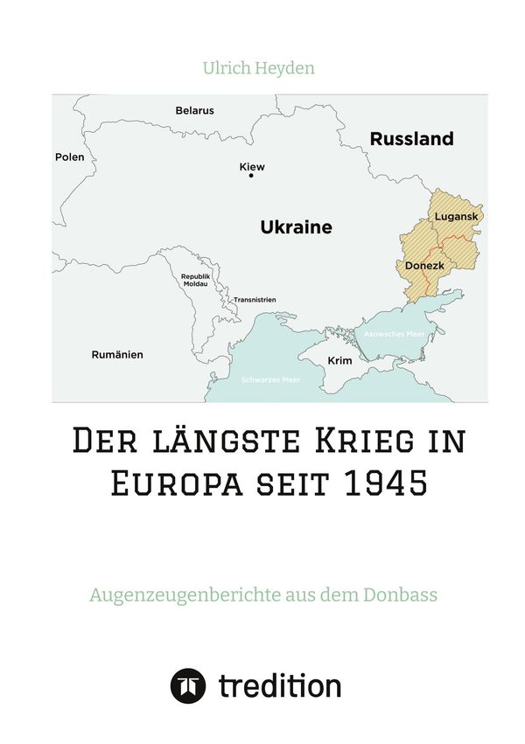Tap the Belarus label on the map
point(194,111)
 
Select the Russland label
point(411,138)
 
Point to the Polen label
point(69,157)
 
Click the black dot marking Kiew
point(251,176)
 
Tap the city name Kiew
point(251,166)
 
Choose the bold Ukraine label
point(296,227)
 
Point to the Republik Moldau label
point(195,280)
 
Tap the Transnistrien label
point(254,300)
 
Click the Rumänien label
point(117,355)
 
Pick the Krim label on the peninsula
point(339,360)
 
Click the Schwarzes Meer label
point(264,379)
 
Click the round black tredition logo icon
point(187,686)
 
